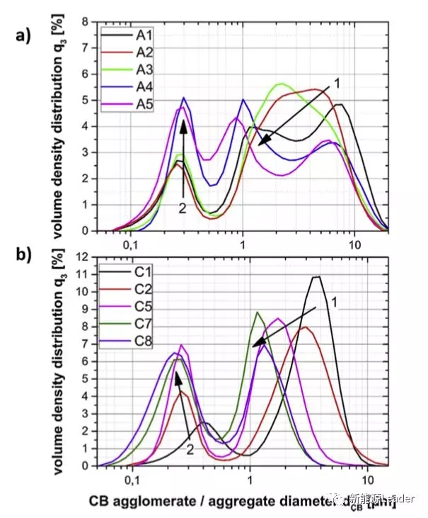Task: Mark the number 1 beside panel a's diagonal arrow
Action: [337, 84]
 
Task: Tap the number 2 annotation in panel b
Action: [190, 449]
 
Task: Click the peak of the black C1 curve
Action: [316, 276]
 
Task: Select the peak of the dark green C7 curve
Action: [258, 312]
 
